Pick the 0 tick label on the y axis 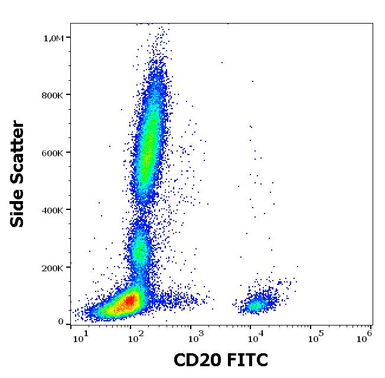coord(61,321)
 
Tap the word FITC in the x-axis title coord(247,359)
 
